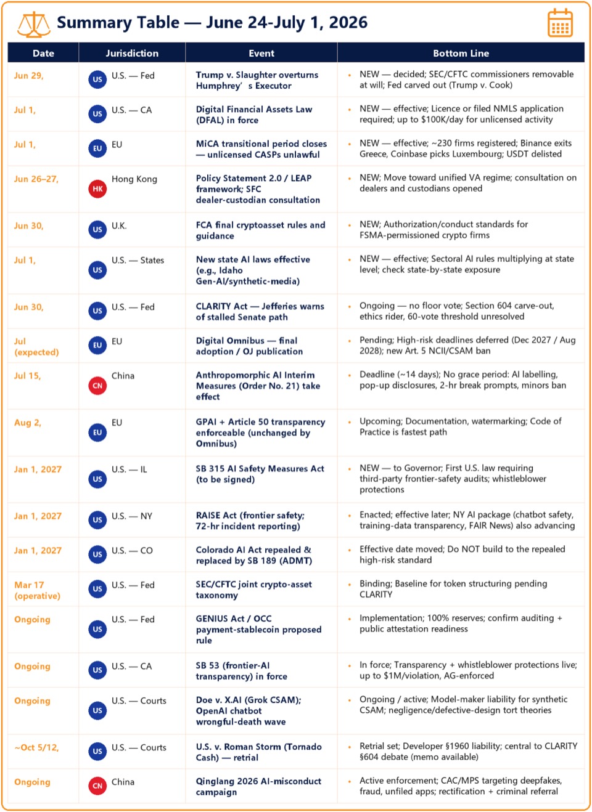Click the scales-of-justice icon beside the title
coord(34,24)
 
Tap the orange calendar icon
coord(560,23)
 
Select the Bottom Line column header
coord(461,53)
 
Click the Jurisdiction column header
coord(132,53)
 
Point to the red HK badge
coord(97,189)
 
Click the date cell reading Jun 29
coord(28,76)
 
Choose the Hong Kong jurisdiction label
coord(134,179)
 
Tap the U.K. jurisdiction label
coord(119,226)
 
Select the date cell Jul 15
coord(28,376)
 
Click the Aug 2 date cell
coord(28,423)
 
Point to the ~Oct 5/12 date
coord(36,747)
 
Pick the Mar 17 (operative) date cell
coord(37,590)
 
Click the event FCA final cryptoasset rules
coord(260,230)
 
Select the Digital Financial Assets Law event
coord(254,115)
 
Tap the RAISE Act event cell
coord(250,521)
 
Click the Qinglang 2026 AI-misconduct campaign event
coord(258,786)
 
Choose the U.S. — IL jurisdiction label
coord(129,469)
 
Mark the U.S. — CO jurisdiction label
coord(132,551)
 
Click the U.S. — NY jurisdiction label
coord(132,516)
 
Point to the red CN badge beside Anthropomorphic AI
coord(97,386)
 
